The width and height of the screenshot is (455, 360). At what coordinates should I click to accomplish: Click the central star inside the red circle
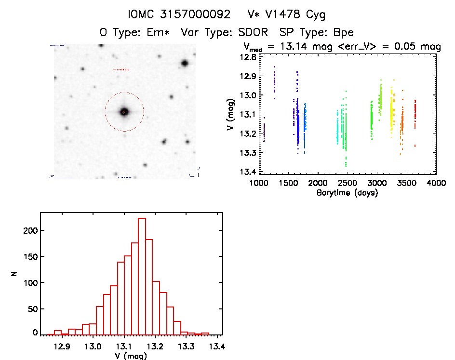[124, 112]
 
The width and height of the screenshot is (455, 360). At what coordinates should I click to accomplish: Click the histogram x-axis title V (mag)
[128, 356]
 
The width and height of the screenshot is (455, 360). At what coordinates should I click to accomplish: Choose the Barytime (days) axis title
[347, 193]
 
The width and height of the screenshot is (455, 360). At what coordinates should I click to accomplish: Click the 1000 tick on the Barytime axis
[259, 183]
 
